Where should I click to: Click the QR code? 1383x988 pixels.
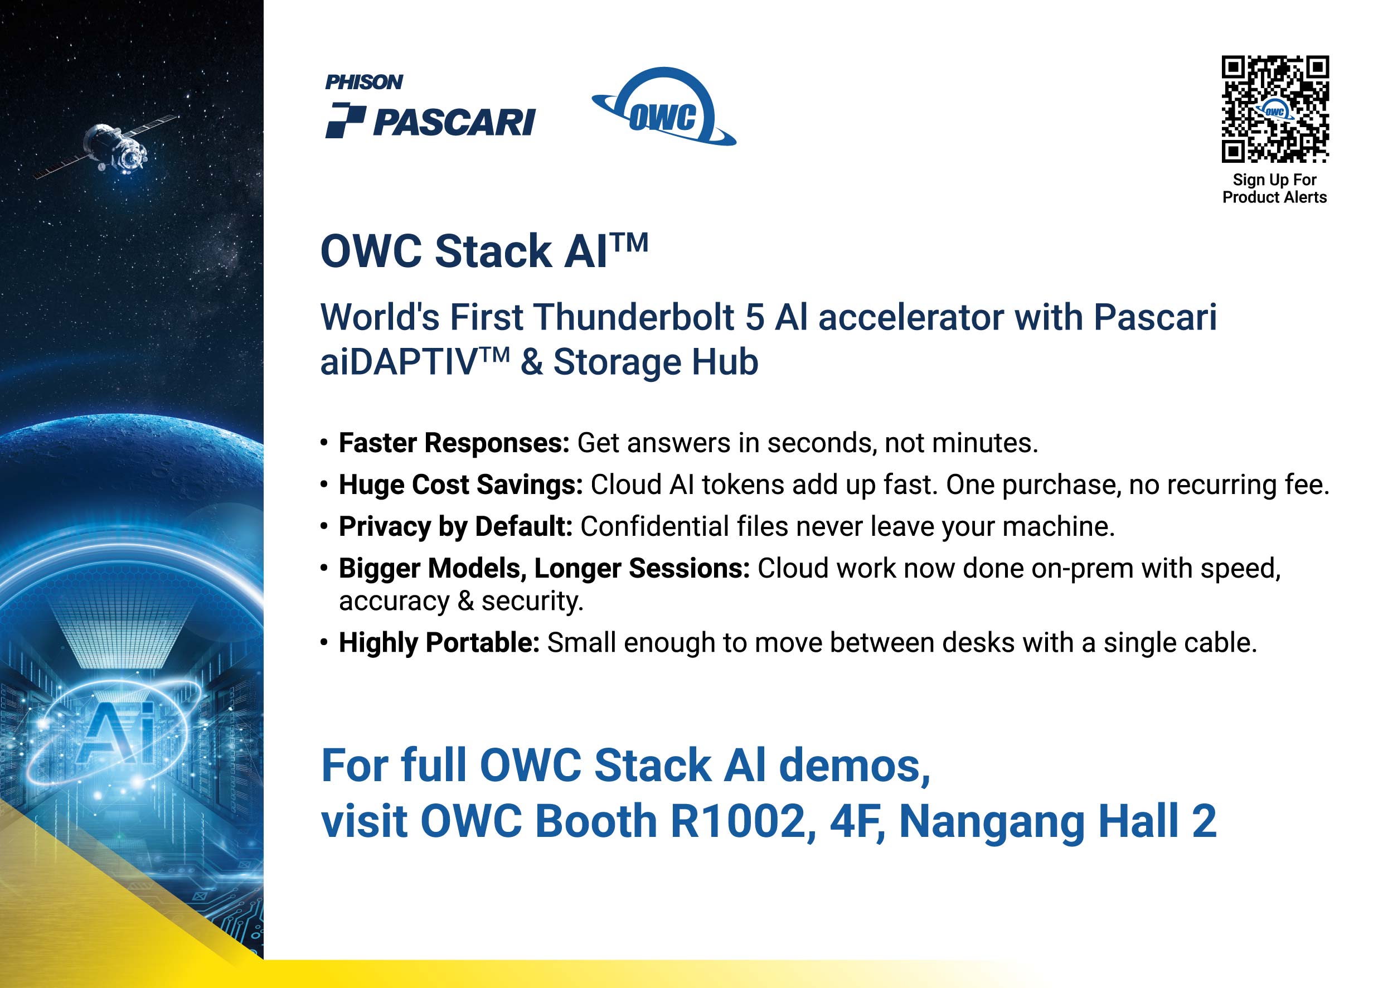point(1275,109)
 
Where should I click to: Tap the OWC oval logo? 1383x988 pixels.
point(663,107)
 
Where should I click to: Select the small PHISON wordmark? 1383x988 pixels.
point(363,82)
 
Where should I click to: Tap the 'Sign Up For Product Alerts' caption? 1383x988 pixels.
point(1274,188)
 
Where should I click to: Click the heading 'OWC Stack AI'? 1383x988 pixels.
point(484,251)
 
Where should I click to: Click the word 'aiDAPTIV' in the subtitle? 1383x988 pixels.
point(415,362)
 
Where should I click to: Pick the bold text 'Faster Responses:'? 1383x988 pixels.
point(454,443)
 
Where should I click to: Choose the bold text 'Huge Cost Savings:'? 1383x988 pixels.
point(460,485)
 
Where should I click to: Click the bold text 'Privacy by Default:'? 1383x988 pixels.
point(455,527)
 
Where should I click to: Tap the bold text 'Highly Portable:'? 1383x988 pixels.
point(439,643)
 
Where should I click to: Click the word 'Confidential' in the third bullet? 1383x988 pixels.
point(654,527)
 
